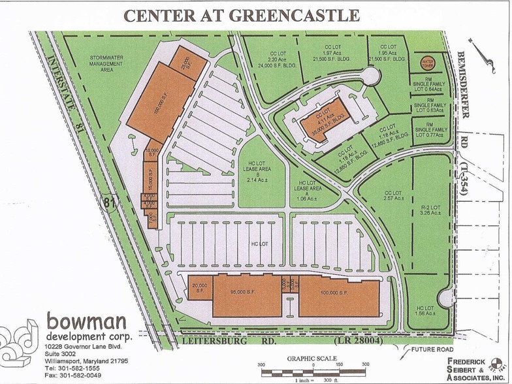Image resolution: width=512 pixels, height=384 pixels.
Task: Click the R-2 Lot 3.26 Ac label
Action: click(x=428, y=209)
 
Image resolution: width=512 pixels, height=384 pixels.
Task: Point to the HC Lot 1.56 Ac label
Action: click(x=425, y=311)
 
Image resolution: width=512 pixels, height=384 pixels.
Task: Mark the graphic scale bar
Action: click(x=313, y=372)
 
